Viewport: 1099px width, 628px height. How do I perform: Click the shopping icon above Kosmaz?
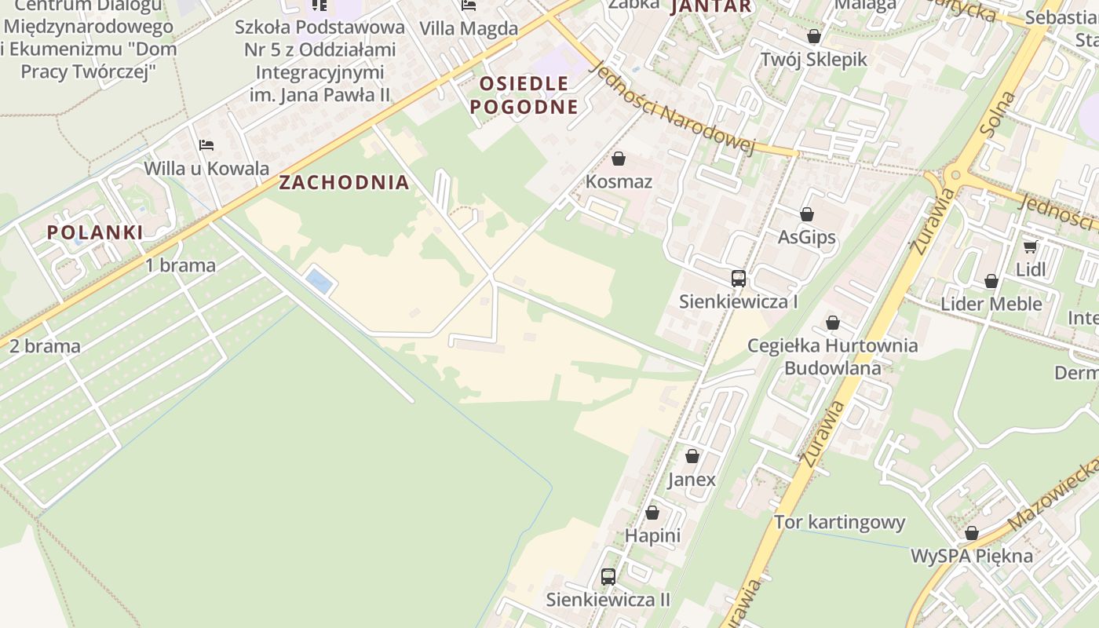619,159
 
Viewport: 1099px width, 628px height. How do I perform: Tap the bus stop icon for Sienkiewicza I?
738,278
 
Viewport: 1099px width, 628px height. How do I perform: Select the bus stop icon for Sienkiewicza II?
608,577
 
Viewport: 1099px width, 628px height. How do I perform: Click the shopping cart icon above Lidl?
1030,246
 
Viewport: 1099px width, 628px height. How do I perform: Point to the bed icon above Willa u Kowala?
206,145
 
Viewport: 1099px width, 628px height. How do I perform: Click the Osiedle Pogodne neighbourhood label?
524,95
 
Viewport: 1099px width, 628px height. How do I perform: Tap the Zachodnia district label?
344,183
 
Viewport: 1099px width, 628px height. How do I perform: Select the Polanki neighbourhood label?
95,232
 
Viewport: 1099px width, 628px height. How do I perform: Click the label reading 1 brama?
181,265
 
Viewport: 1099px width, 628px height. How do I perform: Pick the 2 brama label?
45,346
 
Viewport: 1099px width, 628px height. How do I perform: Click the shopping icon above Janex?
692,456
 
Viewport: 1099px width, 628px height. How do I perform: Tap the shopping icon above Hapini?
652,513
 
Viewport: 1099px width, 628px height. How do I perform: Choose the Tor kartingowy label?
839,522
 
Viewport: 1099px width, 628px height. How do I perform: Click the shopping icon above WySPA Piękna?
971,533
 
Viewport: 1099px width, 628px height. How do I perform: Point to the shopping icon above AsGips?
806,214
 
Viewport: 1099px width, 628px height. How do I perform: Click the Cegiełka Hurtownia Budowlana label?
832,356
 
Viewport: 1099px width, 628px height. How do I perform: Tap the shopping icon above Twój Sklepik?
813,36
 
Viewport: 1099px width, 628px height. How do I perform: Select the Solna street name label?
999,115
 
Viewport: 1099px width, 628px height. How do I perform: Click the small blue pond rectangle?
319,280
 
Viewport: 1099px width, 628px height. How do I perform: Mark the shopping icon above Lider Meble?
991,281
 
